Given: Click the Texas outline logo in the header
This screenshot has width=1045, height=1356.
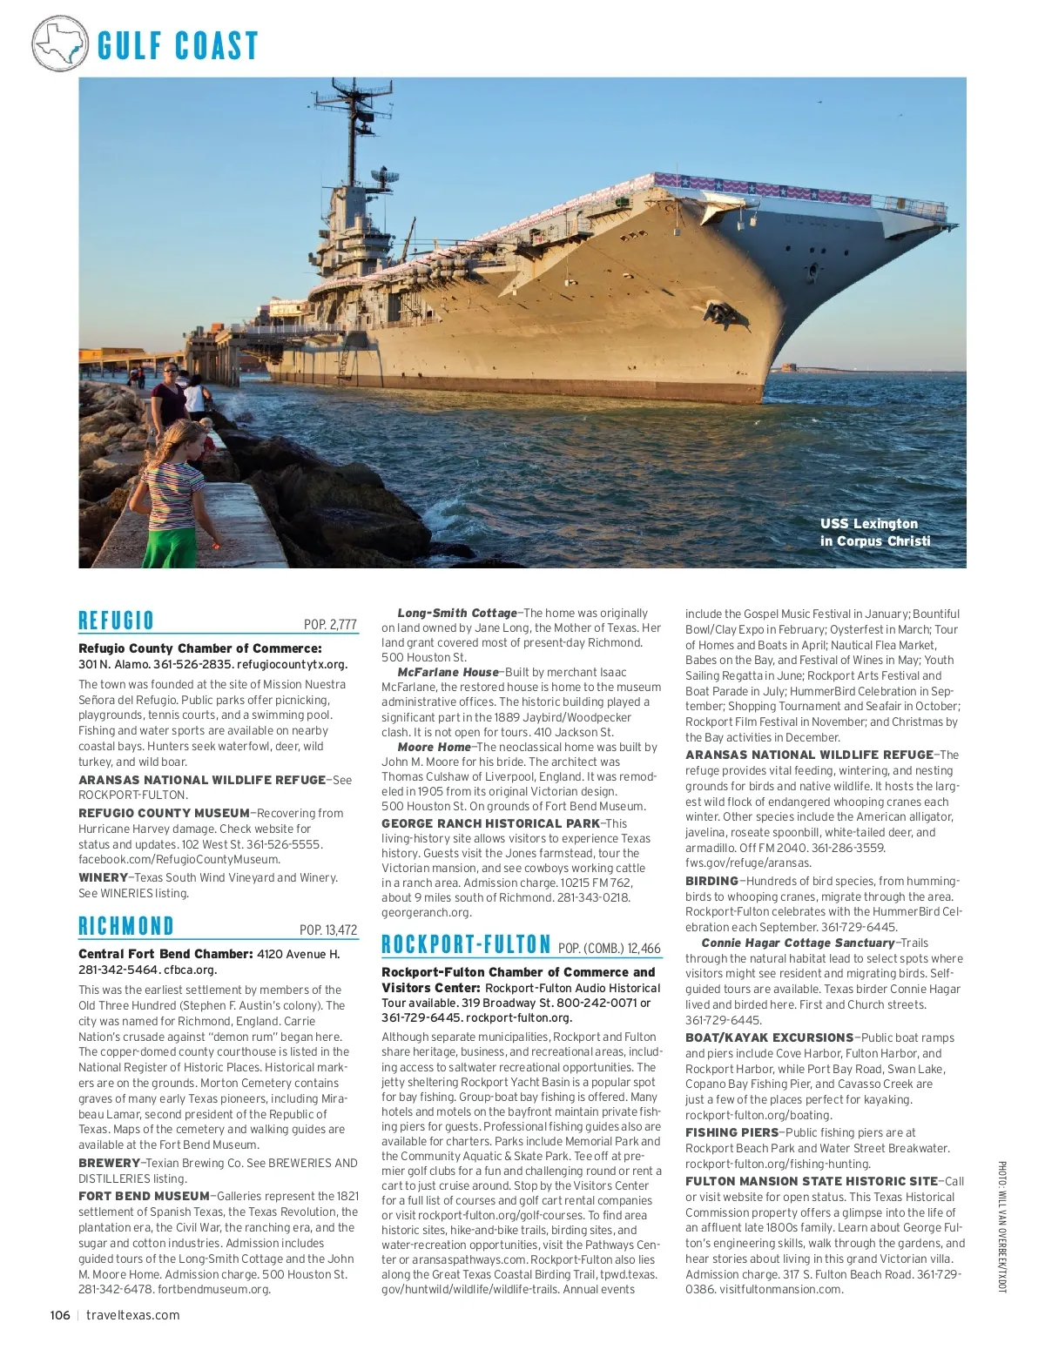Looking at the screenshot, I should coord(59,42).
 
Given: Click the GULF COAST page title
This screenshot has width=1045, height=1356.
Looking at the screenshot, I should coord(178,45).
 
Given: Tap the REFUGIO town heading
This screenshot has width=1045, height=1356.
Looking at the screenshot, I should coord(116,621).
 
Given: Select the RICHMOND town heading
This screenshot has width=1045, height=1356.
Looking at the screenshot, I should coord(126,926).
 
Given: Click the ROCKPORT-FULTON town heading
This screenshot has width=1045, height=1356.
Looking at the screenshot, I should coord(466,944).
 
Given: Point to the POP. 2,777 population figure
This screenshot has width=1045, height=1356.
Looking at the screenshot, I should coord(330,624).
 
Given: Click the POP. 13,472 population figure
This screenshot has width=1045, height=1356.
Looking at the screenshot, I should coord(328,930).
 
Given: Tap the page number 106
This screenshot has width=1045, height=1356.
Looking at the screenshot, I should coord(59,1315).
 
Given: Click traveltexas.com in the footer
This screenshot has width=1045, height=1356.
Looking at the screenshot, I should coord(133,1315).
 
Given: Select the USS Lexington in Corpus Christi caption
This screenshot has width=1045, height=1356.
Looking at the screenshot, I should coord(874,532).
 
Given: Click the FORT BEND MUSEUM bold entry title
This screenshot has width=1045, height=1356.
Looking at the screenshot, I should coord(144,1196).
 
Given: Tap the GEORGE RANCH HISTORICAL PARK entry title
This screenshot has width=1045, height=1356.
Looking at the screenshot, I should coord(490,822).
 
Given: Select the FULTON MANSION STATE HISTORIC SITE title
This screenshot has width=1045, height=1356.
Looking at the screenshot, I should coord(811,1181).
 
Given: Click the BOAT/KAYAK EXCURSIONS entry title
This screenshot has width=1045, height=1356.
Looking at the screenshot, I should coord(769,1037).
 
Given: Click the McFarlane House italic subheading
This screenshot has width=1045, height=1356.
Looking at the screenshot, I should coord(448,672).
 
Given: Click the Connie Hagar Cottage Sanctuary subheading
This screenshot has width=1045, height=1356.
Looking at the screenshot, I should coord(797,943).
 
